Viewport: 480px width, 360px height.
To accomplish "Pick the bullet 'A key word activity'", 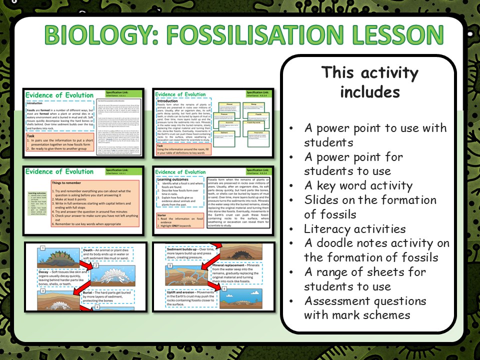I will pyautogui.click(x=358, y=185).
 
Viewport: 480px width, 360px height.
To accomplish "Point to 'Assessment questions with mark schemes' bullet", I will pyautogui.click(x=365, y=308).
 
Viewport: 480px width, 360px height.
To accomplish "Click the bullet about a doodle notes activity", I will pyautogui.click(x=376, y=250).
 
